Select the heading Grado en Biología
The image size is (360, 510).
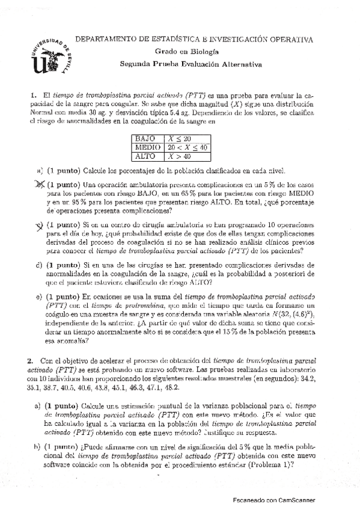193,52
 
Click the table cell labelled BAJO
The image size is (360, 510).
145,138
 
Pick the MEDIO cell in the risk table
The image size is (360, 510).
147,147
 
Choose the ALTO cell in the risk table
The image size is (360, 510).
145,156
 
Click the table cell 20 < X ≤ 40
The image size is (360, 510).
187,147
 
